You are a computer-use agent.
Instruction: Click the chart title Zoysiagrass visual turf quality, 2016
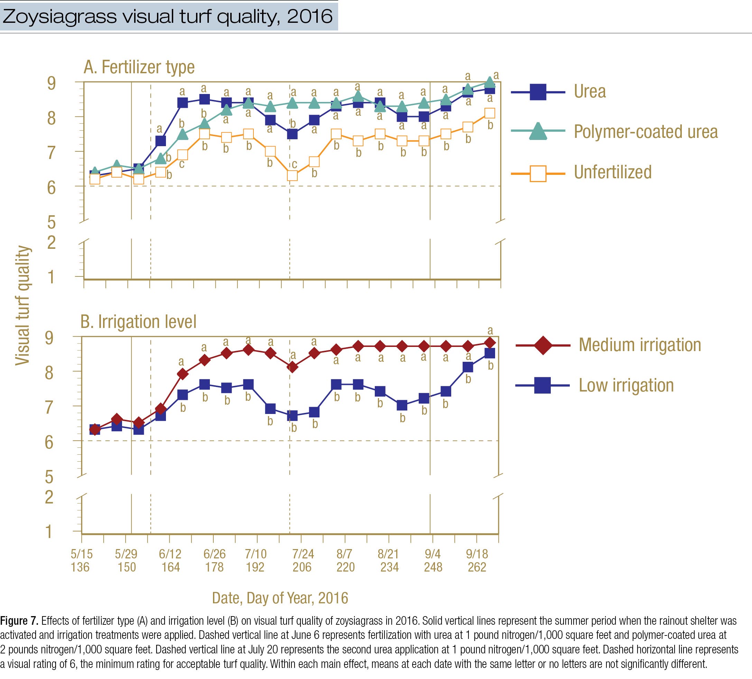(x=167, y=17)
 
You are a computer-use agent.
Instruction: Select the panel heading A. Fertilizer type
(x=139, y=67)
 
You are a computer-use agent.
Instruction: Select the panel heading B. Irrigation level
(x=138, y=322)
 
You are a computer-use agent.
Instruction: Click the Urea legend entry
(x=589, y=92)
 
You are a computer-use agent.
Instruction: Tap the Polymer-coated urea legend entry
(x=645, y=132)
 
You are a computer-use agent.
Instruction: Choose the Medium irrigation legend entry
(x=640, y=345)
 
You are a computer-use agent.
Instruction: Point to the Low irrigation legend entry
(x=626, y=386)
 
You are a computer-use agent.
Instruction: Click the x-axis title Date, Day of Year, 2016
(x=280, y=598)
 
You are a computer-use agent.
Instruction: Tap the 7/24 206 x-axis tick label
(x=303, y=560)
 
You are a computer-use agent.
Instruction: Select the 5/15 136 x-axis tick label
(x=81, y=560)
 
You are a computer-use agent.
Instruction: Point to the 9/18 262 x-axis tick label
(x=477, y=560)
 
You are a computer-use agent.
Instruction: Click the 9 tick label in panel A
(x=51, y=83)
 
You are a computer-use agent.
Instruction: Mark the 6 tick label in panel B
(x=49, y=443)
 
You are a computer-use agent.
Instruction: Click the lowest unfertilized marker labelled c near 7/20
(x=293, y=176)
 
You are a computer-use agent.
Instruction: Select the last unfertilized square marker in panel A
(x=489, y=113)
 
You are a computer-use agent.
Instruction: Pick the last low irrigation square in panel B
(x=489, y=353)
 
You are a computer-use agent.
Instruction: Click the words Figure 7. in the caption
(x=19, y=621)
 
